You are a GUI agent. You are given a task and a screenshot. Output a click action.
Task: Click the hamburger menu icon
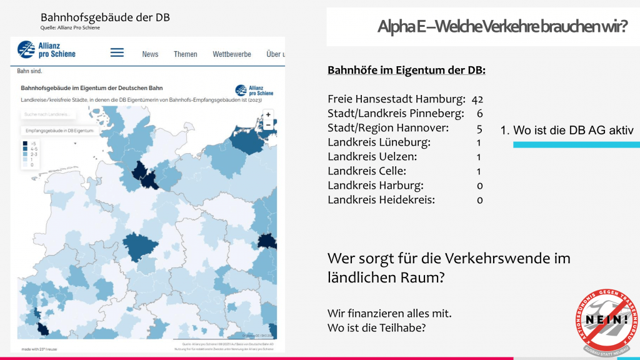(x=117, y=53)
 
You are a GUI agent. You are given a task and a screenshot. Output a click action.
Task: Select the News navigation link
(x=150, y=54)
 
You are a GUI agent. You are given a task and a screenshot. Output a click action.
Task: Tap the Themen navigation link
(x=186, y=54)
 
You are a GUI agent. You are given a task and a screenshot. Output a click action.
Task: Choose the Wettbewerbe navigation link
(x=232, y=54)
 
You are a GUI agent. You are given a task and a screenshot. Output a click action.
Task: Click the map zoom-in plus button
(x=268, y=114)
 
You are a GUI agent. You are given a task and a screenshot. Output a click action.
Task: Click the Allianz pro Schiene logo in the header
(x=47, y=50)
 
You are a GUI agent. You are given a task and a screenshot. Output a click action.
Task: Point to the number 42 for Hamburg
(x=477, y=99)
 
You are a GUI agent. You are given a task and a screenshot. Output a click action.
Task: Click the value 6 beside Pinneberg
(x=479, y=114)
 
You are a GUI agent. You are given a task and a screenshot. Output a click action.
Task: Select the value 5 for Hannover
(x=479, y=128)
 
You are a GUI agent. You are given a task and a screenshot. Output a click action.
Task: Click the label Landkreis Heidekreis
(x=381, y=200)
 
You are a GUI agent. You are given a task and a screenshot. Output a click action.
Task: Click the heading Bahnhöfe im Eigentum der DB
(x=406, y=71)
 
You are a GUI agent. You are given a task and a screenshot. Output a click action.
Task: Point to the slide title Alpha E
(x=502, y=26)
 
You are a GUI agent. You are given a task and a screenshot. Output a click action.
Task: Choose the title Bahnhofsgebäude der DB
(x=105, y=17)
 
